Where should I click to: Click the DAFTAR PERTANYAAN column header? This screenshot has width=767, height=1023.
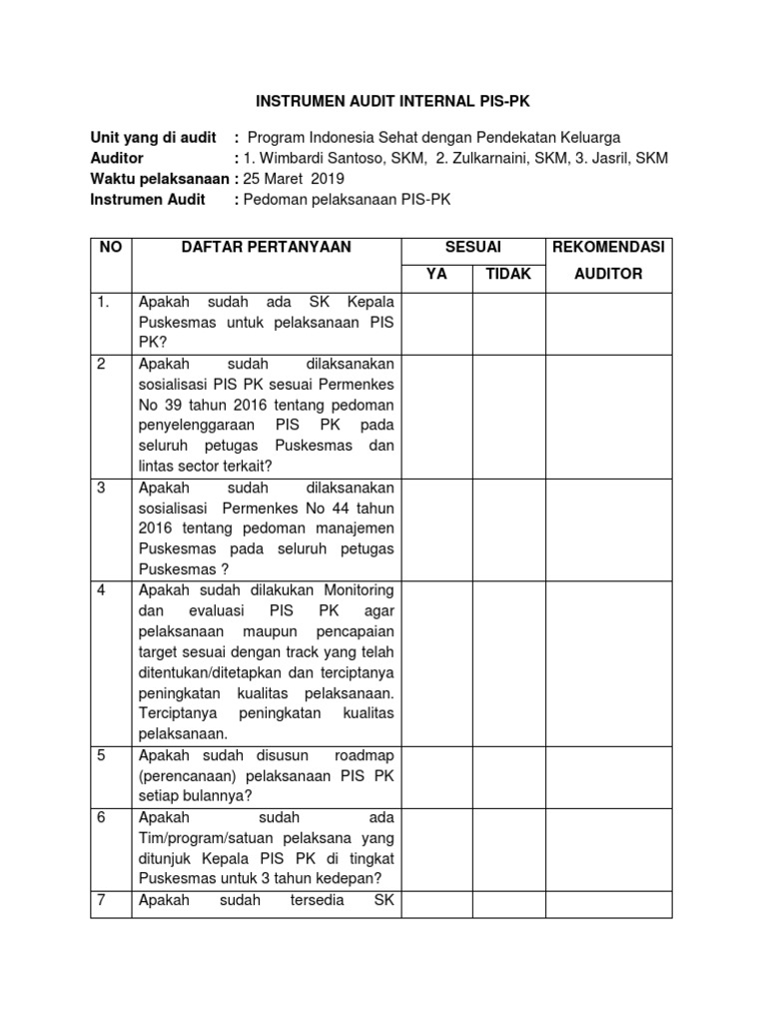(266, 247)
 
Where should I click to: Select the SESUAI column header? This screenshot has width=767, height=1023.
(472, 247)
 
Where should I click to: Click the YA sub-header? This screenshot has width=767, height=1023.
(436, 274)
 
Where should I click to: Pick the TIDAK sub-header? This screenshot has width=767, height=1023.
(508, 274)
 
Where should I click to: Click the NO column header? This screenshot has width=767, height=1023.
(111, 247)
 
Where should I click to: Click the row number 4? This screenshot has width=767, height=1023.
(101, 590)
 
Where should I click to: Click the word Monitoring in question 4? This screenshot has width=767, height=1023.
(358, 590)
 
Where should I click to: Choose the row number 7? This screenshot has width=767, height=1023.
(101, 900)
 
